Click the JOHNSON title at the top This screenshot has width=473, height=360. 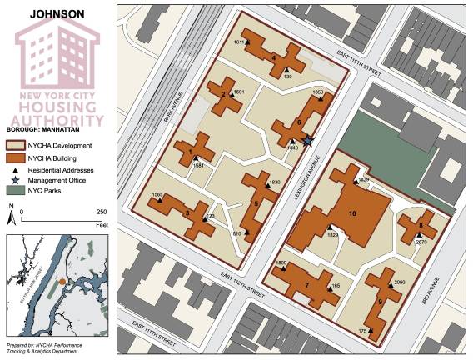[x=57, y=14]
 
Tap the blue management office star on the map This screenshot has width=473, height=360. [x=308, y=141]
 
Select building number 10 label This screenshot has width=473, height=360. [x=352, y=214]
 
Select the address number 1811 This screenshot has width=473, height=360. [x=240, y=42]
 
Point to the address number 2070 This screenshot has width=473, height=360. [x=421, y=242]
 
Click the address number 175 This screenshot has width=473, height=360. [x=363, y=332]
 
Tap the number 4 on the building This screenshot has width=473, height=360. [x=274, y=57]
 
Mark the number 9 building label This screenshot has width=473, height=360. [x=380, y=302]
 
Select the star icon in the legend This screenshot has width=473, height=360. [x=13, y=180]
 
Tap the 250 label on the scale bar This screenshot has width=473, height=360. [x=102, y=212]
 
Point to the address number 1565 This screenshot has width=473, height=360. [x=157, y=194]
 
